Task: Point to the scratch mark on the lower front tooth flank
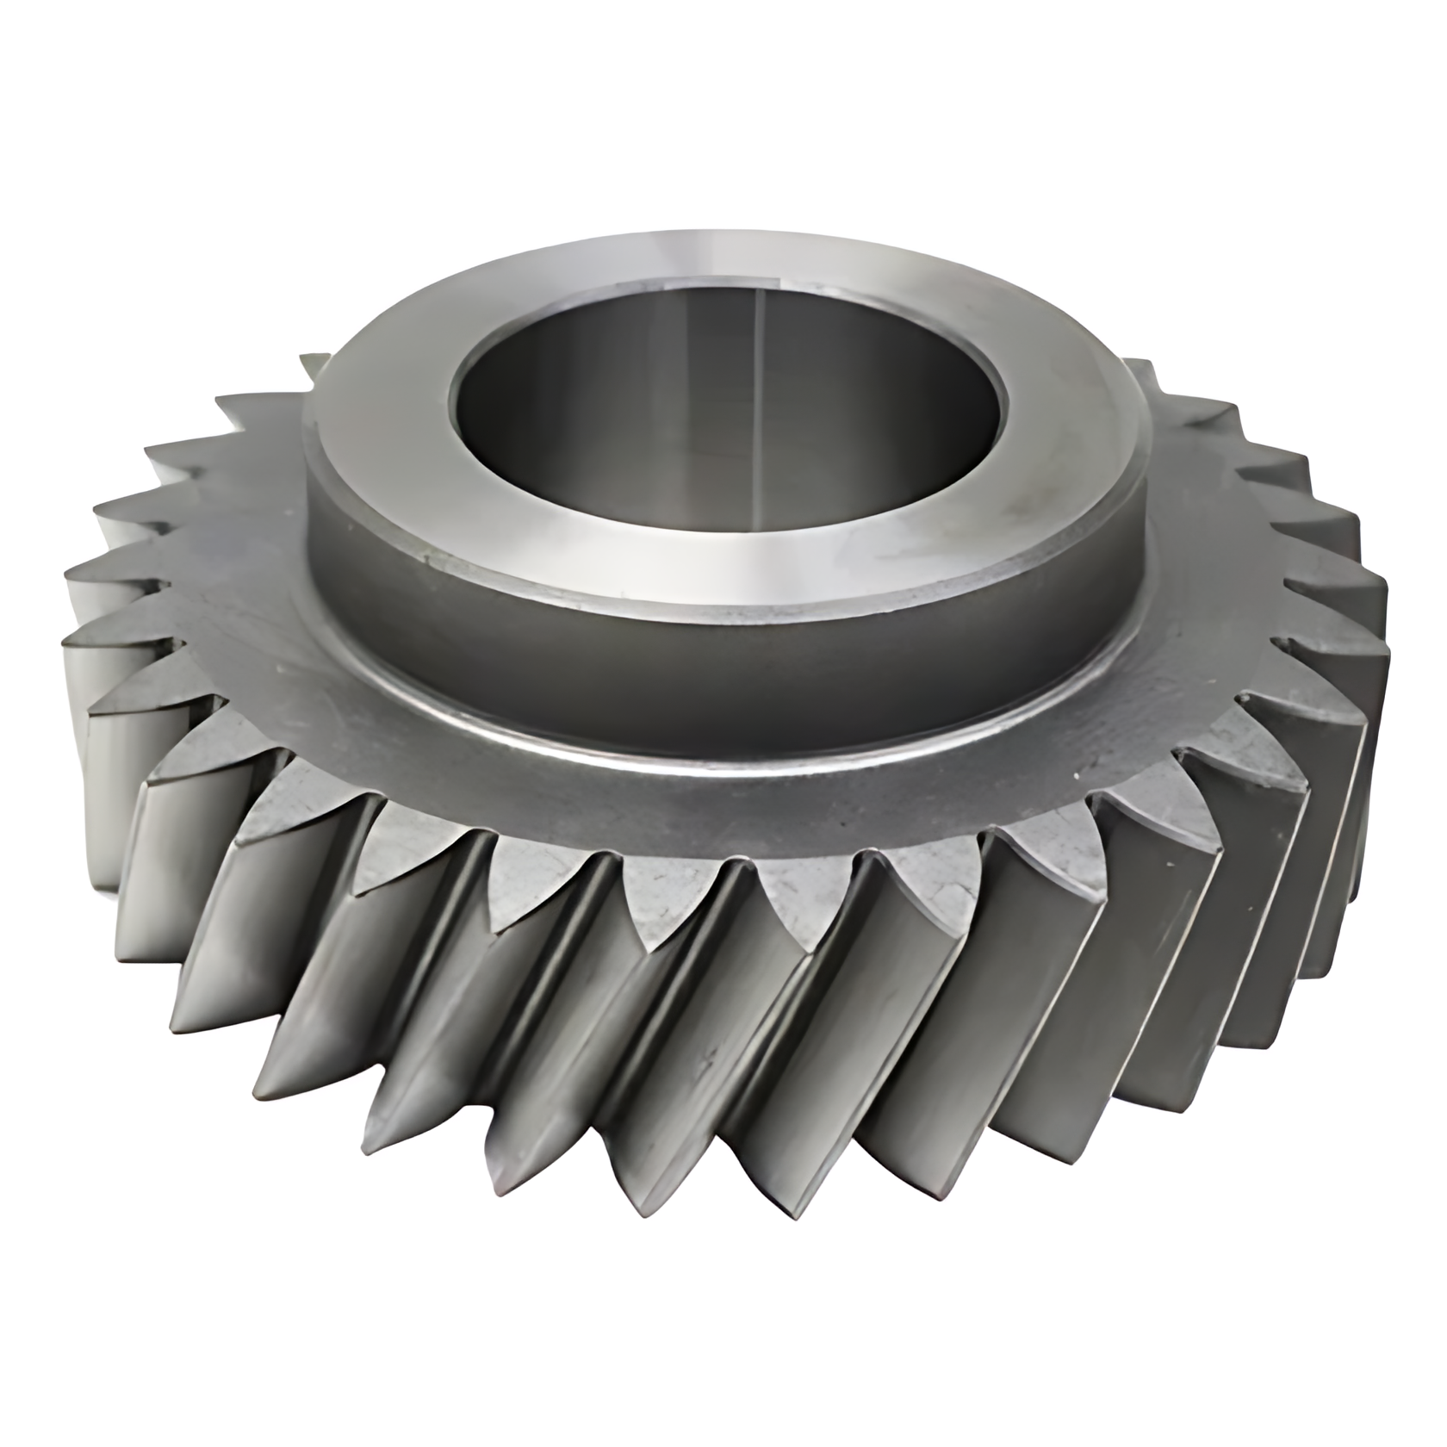tap(709, 1055)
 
